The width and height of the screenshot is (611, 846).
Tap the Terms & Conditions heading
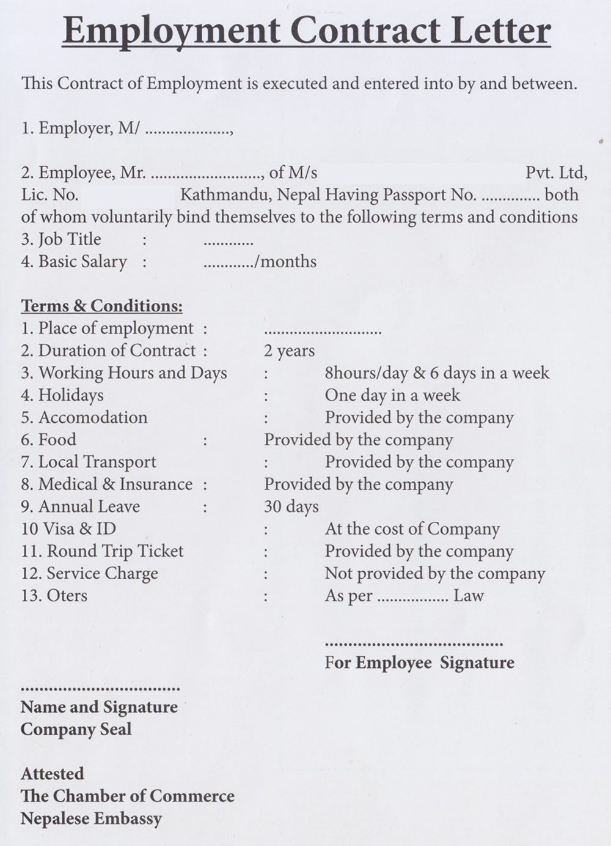(101, 306)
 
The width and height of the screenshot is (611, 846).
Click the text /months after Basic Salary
(286, 262)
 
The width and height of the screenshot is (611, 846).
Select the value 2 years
(289, 351)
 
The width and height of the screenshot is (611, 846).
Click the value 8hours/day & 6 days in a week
(437, 373)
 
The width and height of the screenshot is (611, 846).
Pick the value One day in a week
(392, 395)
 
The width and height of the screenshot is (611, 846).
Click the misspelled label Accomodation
(93, 418)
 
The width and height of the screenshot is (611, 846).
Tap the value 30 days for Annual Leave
(291, 507)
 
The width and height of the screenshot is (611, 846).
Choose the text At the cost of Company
(412, 529)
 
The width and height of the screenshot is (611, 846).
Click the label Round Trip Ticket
(115, 551)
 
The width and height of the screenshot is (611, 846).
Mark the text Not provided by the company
(434, 574)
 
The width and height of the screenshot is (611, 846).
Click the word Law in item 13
(468, 596)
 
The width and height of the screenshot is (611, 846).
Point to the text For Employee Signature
(419, 662)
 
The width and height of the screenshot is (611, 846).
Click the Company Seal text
(76, 729)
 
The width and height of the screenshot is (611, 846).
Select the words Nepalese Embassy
(91, 818)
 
